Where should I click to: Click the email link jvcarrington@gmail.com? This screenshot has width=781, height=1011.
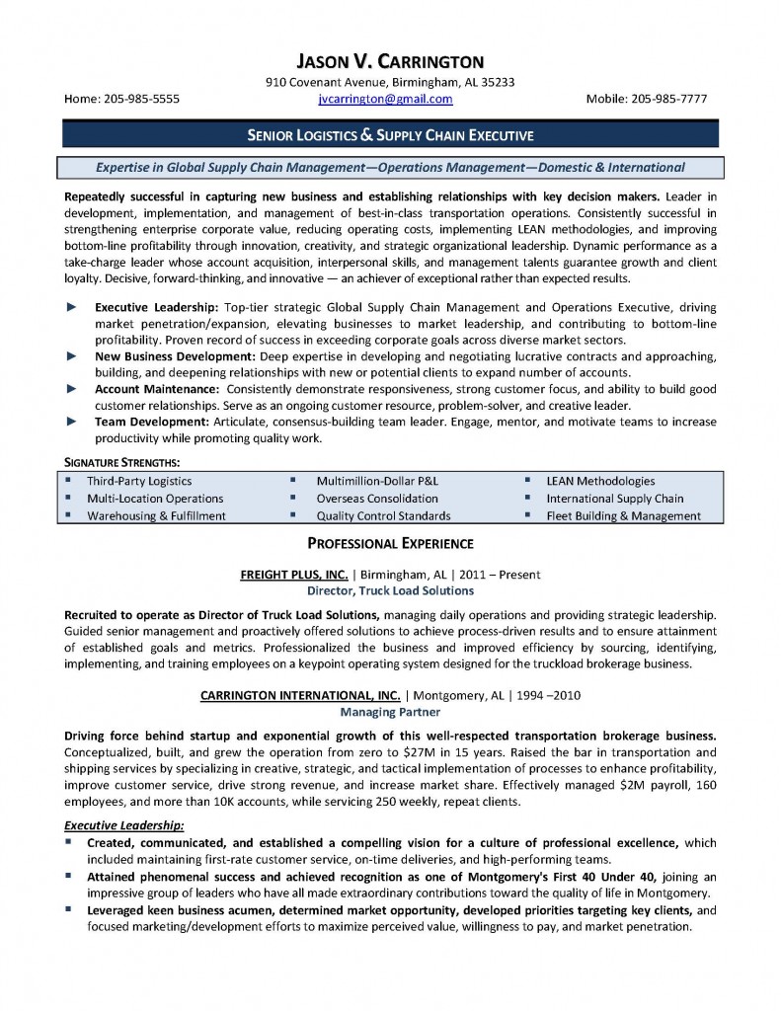(385, 99)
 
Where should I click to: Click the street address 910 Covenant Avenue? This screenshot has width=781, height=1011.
(330, 82)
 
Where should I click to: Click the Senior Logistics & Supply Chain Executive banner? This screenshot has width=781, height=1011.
(389, 134)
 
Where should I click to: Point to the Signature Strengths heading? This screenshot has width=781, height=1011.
(121, 462)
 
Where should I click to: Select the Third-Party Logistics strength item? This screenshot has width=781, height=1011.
(138, 481)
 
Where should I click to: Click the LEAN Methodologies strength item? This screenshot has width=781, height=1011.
(600, 481)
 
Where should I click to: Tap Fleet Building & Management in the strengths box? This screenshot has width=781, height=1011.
(623, 515)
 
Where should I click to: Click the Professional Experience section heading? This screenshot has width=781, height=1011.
(390, 543)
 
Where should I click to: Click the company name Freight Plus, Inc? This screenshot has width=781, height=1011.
(293, 574)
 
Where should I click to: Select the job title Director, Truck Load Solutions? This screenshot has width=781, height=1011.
(390, 590)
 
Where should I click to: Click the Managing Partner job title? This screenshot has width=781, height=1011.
(390, 711)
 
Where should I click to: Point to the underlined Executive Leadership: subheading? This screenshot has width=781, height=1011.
(124, 824)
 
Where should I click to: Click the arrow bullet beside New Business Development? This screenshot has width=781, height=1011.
(70, 355)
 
